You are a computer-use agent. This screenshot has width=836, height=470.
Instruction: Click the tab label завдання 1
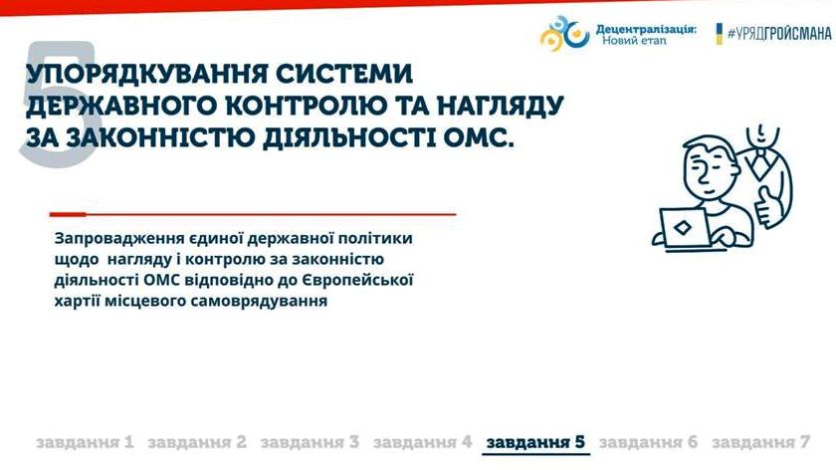pyautogui.click(x=85, y=442)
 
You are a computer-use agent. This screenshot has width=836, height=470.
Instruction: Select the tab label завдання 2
pyautogui.click(x=197, y=442)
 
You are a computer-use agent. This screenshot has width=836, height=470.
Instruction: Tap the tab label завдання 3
pyautogui.click(x=310, y=442)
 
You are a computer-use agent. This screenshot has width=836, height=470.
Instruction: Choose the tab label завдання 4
pyautogui.click(x=422, y=442)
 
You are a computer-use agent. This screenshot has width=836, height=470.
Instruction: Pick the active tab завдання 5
pyautogui.click(x=535, y=442)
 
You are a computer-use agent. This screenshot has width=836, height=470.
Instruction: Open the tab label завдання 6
pyautogui.click(x=648, y=442)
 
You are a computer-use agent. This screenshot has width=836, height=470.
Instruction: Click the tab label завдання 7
pyautogui.click(x=760, y=442)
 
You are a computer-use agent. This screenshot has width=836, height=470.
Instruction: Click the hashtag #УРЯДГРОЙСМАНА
pyautogui.click(x=779, y=34)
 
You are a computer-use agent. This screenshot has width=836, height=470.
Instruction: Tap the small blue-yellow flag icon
pyautogui.click(x=719, y=34)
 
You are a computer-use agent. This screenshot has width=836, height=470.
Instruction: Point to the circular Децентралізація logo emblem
pyautogui.click(x=564, y=33)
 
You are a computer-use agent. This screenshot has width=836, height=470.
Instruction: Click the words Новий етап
pyautogui.click(x=634, y=40)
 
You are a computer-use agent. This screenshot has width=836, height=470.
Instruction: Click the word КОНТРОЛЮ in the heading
pyautogui.click(x=307, y=106)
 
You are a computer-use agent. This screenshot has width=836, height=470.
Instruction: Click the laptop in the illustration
pyautogui.click(x=685, y=228)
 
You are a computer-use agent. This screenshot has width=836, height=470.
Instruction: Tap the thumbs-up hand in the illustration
pyautogui.click(x=766, y=206)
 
